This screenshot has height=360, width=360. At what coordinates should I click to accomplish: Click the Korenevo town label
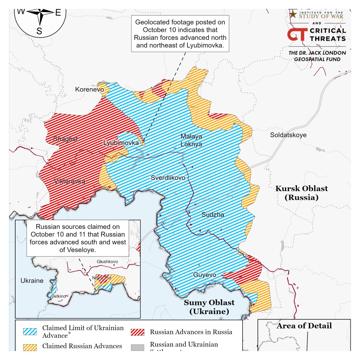[x=89, y=89]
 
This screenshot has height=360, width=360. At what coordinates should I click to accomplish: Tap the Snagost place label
[x=65, y=139]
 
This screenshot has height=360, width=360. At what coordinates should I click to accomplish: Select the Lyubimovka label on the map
[x=121, y=143]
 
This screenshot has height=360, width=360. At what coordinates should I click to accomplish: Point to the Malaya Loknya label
[x=191, y=140]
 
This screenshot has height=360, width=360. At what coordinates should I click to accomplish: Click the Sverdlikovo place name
[x=168, y=178]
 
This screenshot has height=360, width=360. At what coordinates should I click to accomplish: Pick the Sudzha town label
[x=213, y=215]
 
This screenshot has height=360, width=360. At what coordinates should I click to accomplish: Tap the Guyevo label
[x=205, y=275]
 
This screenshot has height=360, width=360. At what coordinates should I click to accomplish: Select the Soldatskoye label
[x=288, y=135]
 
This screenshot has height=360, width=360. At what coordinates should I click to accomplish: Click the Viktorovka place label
[x=70, y=181]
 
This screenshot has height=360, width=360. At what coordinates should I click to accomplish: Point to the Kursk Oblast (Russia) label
[x=301, y=193]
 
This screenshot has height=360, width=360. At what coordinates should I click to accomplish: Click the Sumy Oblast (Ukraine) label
[x=209, y=307]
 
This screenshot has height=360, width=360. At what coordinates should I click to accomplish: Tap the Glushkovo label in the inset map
[x=107, y=262]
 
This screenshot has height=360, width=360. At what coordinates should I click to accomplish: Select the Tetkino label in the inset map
[x=59, y=296]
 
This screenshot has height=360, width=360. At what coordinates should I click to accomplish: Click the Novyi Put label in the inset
[x=102, y=278]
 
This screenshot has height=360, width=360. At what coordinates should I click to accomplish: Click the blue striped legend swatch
[x=30, y=332]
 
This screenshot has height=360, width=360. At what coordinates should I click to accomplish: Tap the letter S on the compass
[x=39, y=31]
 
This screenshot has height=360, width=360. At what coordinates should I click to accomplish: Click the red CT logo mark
[x=297, y=34]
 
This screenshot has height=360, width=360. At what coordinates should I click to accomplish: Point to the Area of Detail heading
[x=304, y=326]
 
